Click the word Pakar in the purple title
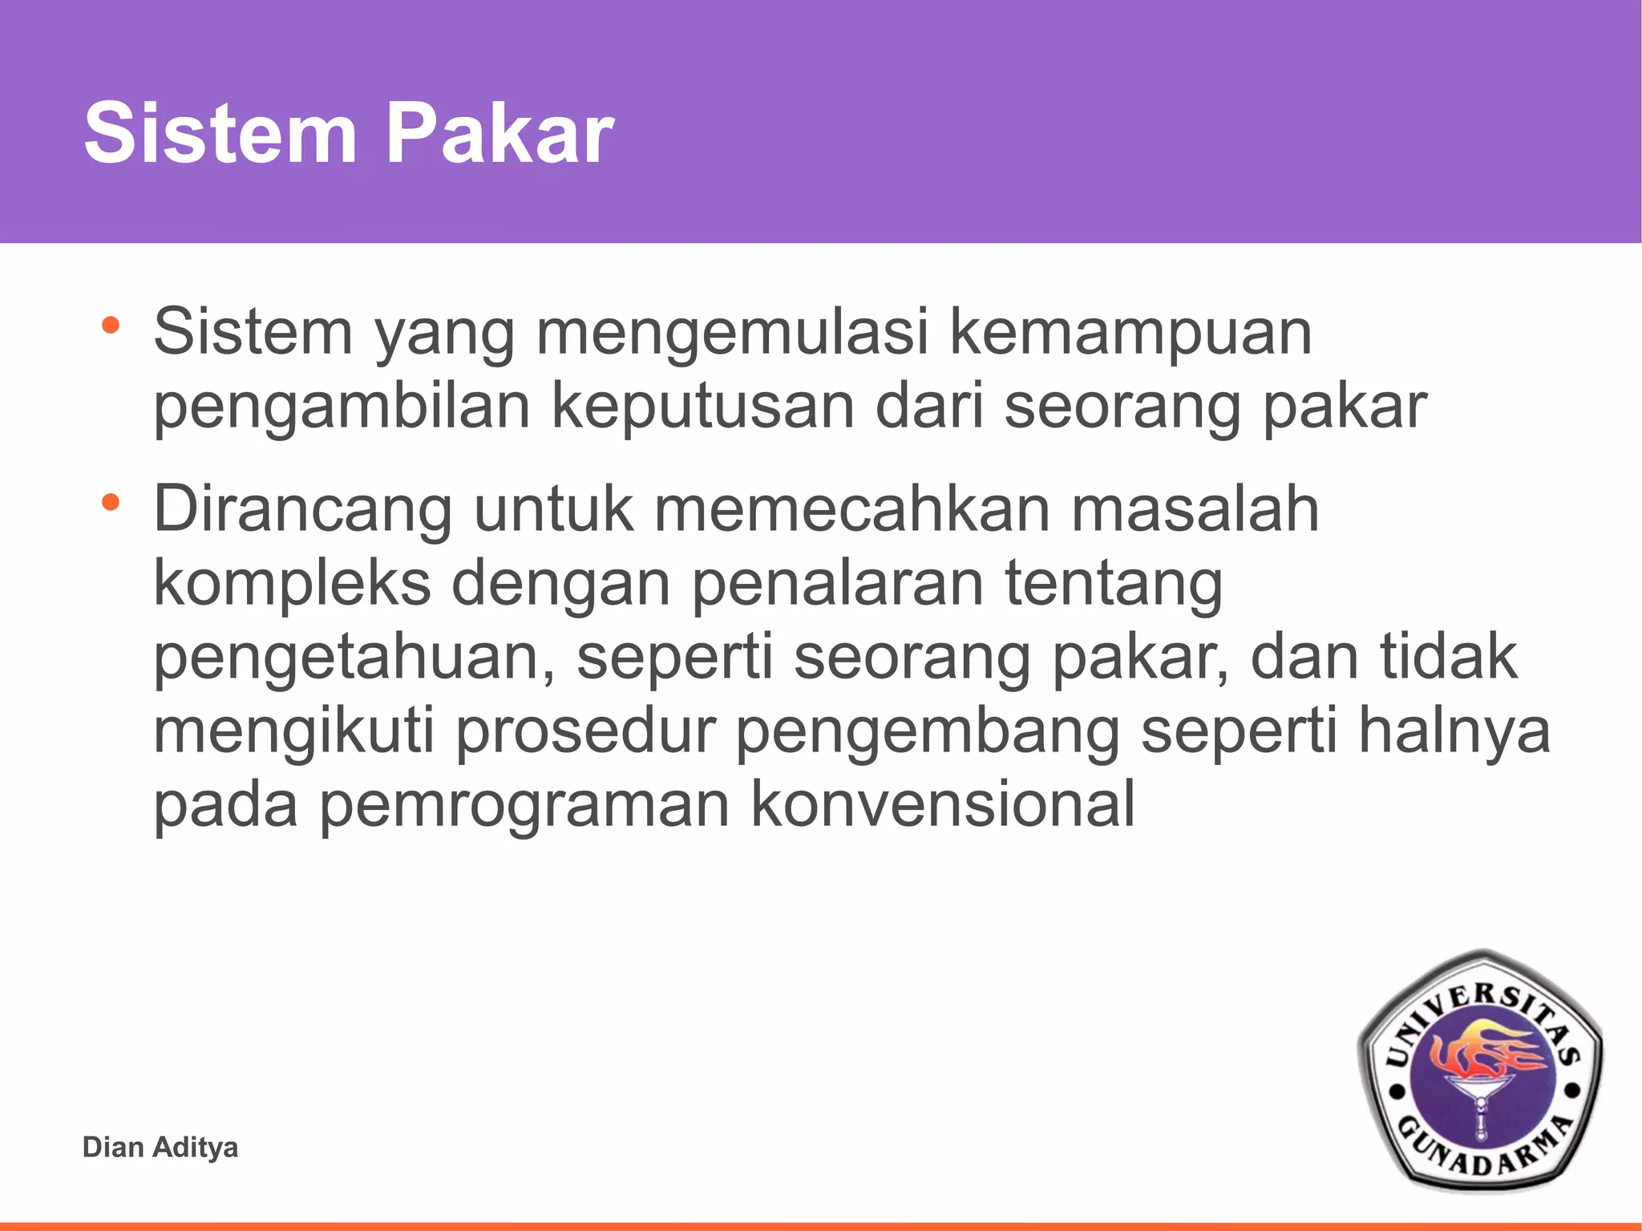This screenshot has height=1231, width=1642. [500, 133]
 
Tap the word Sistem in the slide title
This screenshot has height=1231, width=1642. [220, 133]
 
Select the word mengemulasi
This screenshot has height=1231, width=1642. [732, 332]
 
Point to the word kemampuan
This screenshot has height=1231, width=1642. [1130, 332]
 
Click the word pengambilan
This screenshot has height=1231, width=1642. [342, 407]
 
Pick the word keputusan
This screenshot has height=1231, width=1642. [703, 407]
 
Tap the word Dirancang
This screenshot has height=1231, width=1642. [303, 509]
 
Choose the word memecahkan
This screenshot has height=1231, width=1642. [852, 509]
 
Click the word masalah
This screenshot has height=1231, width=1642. [1195, 509]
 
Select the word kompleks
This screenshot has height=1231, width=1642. [292, 584]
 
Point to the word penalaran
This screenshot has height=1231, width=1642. [837, 584]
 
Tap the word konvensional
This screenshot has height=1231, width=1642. [943, 805]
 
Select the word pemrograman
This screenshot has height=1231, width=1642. [524, 805]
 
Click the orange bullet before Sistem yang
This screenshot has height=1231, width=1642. [111, 326]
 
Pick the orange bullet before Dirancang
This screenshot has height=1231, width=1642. [111, 504]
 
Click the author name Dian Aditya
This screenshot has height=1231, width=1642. [160, 1147]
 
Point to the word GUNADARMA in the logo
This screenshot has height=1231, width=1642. [1483, 1151]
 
